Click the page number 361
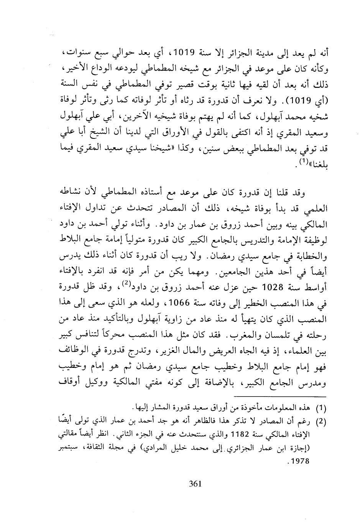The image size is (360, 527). [x=195, y=484]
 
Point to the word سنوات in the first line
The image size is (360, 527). [x=79, y=52]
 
